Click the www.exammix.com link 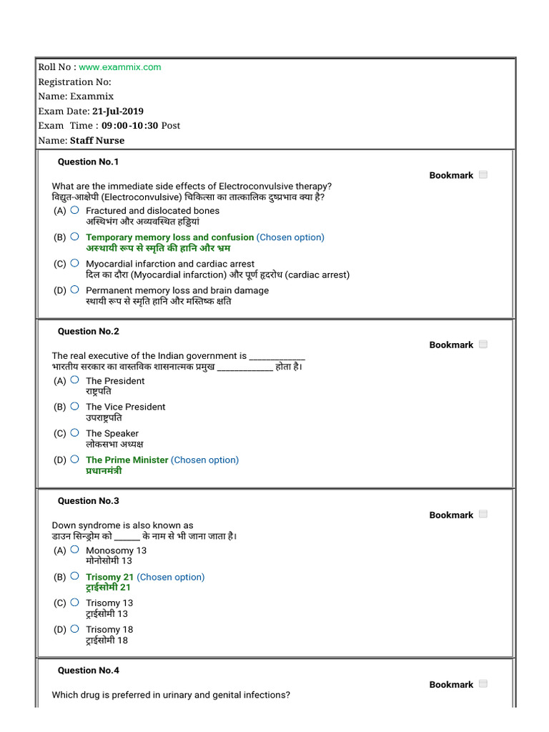pyautogui.click(x=120, y=67)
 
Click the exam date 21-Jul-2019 pyautogui.click(x=118, y=111)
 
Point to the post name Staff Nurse pyautogui.click(x=97, y=141)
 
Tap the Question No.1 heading pyautogui.click(x=89, y=162)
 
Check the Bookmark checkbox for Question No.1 pyautogui.click(x=483, y=174)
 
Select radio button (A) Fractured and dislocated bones pyautogui.click(x=74, y=210)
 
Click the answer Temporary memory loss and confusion pyautogui.click(x=169, y=237)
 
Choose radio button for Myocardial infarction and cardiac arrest pyautogui.click(x=74, y=263)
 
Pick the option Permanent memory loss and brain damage pyautogui.click(x=177, y=290)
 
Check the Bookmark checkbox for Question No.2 pyautogui.click(x=483, y=345)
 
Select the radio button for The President pyautogui.click(x=74, y=380)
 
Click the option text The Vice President pyautogui.click(x=125, y=407)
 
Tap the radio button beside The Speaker pyautogui.click(x=74, y=432)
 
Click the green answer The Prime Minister pyautogui.click(x=127, y=460)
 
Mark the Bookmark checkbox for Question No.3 pyautogui.click(x=483, y=514)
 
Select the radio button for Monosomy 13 pyautogui.click(x=74, y=550)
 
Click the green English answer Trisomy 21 pyautogui.click(x=109, y=577)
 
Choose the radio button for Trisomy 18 pyautogui.click(x=74, y=629)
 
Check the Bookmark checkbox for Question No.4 pyautogui.click(x=483, y=684)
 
